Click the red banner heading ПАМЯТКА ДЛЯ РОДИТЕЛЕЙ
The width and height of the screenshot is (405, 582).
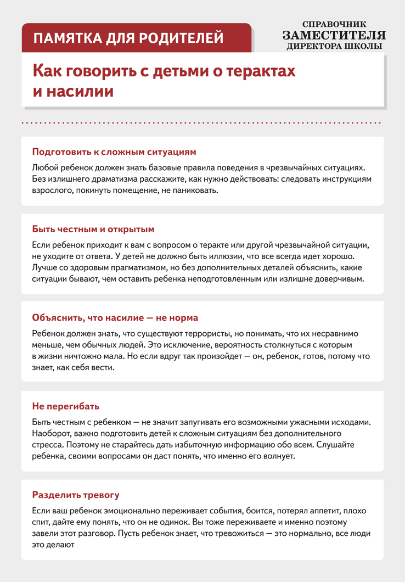pyautogui.click(x=128, y=38)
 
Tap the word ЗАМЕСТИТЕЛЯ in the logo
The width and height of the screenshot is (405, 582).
pyautogui.click(x=334, y=35)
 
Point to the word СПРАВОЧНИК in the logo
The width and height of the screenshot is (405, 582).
pyautogui.click(x=334, y=24)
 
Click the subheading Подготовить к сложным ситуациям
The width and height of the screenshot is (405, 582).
pyautogui.click(x=114, y=152)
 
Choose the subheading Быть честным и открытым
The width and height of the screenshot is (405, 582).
pyautogui.click(x=93, y=228)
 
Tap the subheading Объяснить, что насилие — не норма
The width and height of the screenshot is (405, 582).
pyautogui.click(x=115, y=318)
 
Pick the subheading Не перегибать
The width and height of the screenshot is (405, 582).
pyautogui.click(x=66, y=406)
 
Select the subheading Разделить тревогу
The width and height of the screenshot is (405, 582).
pyautogui.click(x=76, y=495)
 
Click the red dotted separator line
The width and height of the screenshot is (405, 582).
pyautogui.click(x=202, y=123)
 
